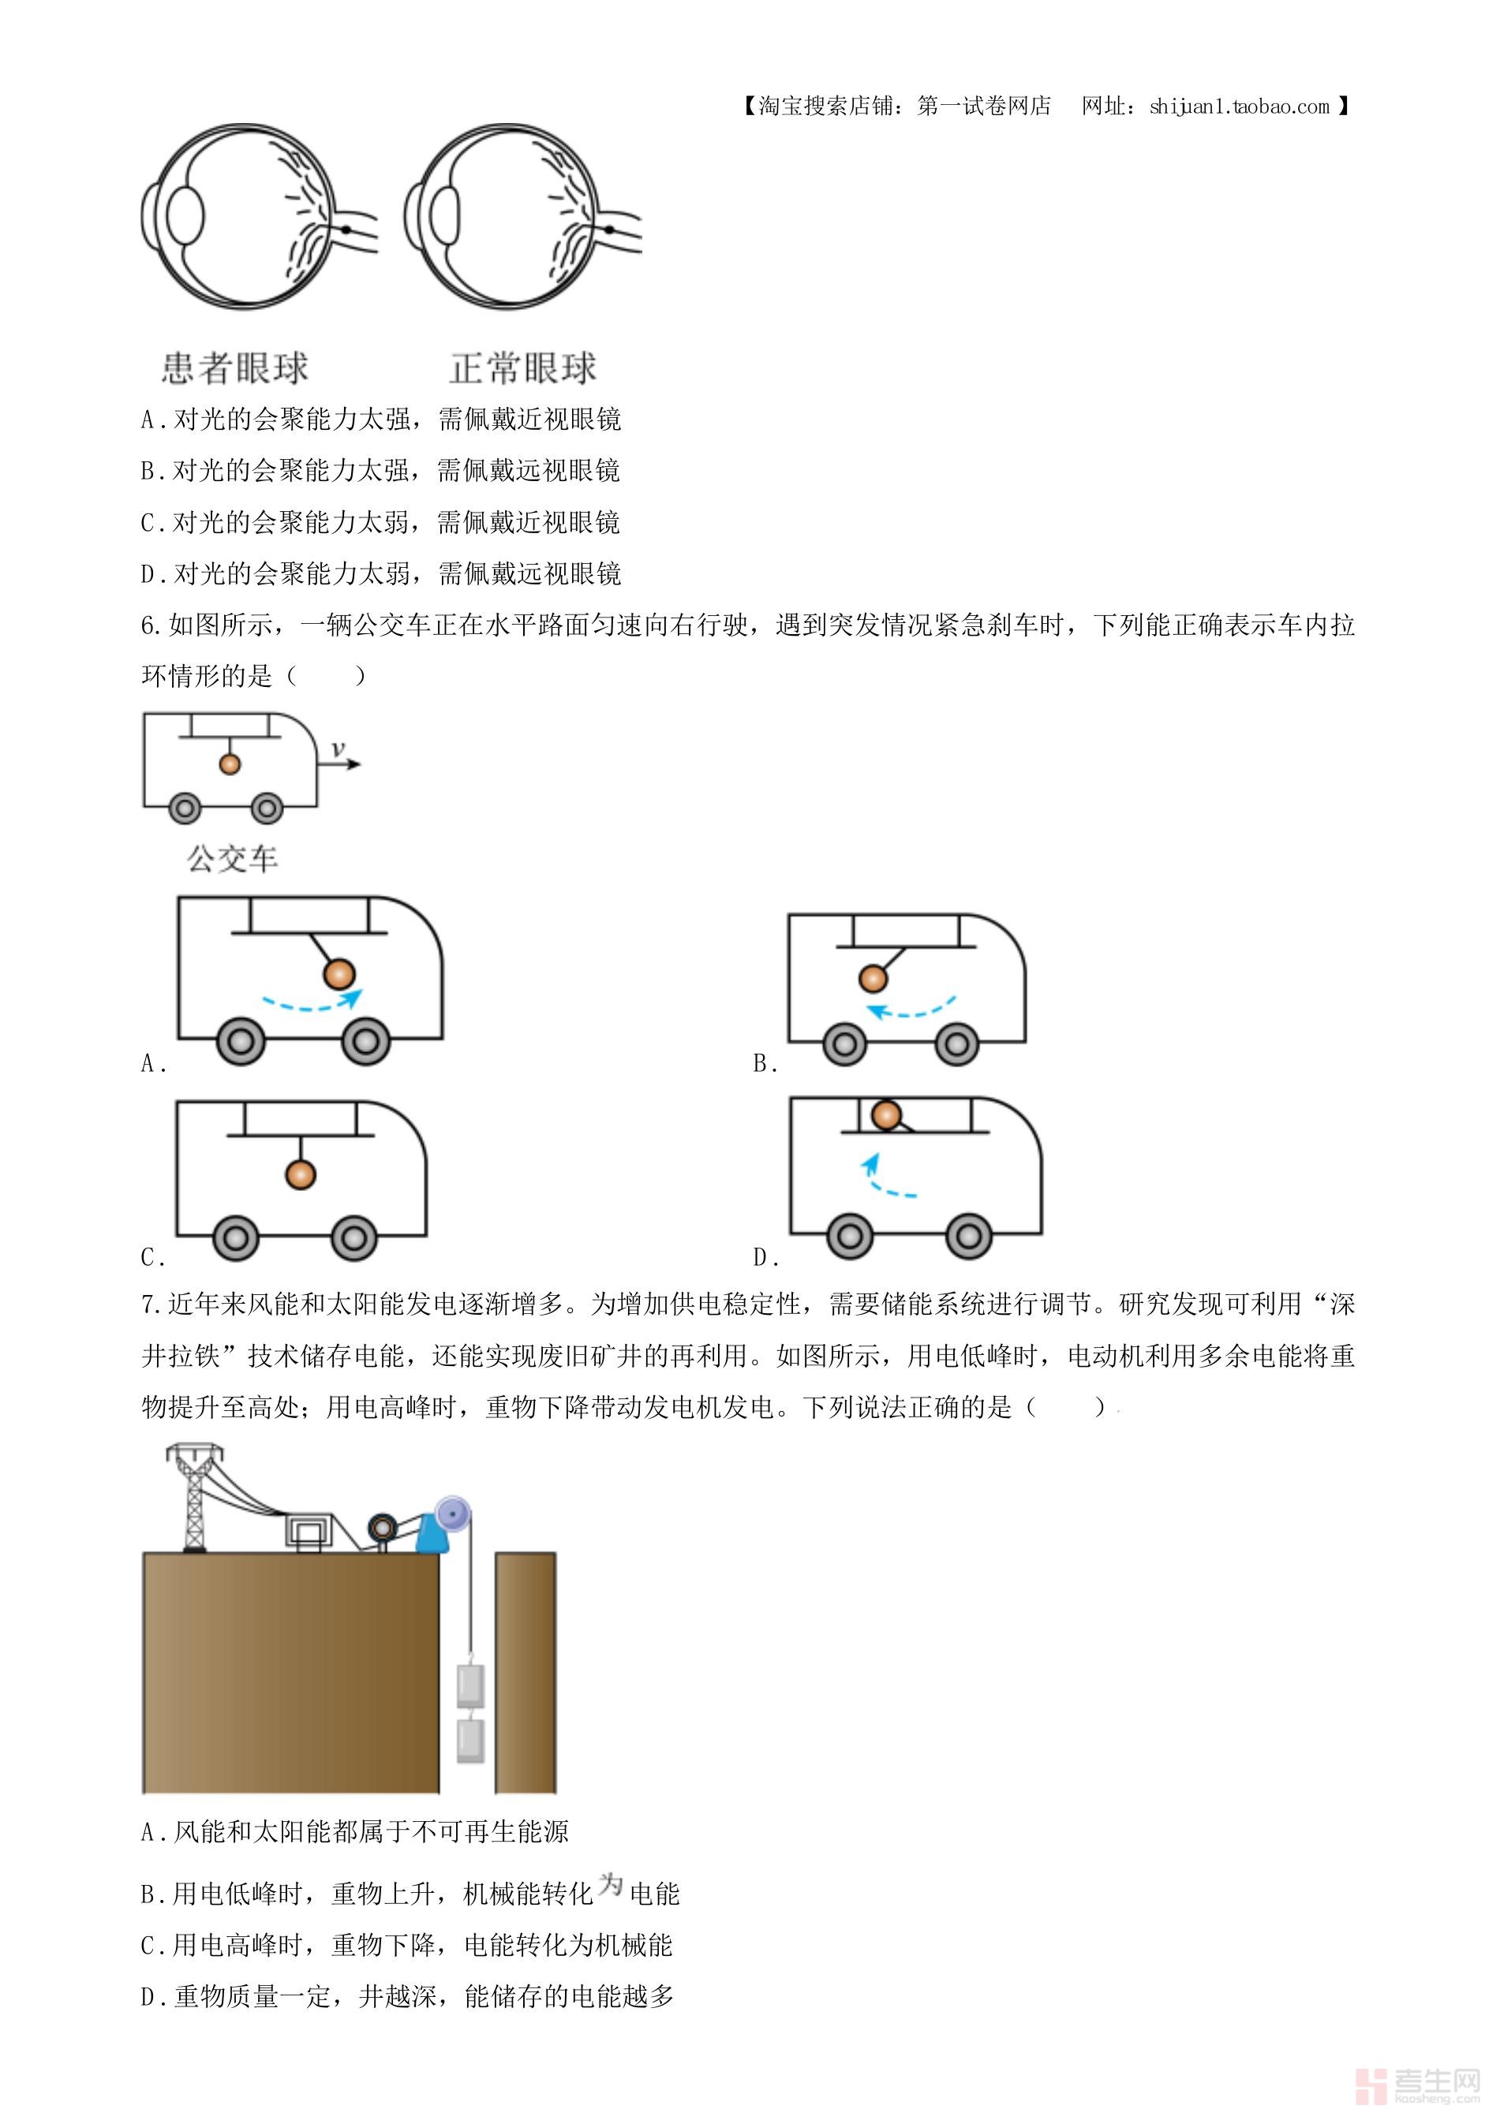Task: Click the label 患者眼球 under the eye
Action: pos(234,368)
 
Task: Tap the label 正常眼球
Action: pos(523,368)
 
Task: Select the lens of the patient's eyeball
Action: pos(185,215)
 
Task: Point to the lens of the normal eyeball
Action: pos(445,215)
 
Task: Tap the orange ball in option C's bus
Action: pos(300,1174)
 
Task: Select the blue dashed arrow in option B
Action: pos(914,1008)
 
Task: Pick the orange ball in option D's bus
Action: pos(887,1114)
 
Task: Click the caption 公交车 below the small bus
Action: pos(233,860)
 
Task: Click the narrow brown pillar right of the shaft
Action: pos(526,1671)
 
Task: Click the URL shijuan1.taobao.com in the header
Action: pos(1239,106)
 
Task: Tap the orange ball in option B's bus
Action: pos(873,978)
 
